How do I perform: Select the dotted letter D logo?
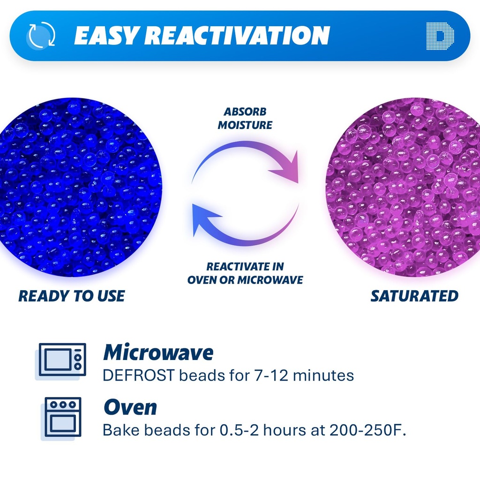[x=440, y=36]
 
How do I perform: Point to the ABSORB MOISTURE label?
[x=245, y=119]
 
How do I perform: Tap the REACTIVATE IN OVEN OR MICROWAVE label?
[x=245, y=273]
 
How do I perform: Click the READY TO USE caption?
[x=71, y=296]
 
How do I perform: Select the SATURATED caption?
[x=414, y=296]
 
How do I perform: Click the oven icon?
[x=63, y=417]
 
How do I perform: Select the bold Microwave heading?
[x=158, y=352]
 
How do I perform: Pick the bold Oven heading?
[x=130, y=407]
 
